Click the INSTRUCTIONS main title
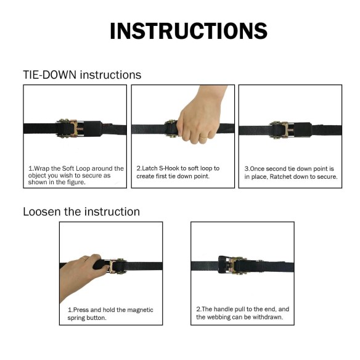tap(189, 31)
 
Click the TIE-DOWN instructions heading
tap(82, 75)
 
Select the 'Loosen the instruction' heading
tap(81, 211)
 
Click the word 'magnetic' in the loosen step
tap(139, 310)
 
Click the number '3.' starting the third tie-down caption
tap(247, 168)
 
